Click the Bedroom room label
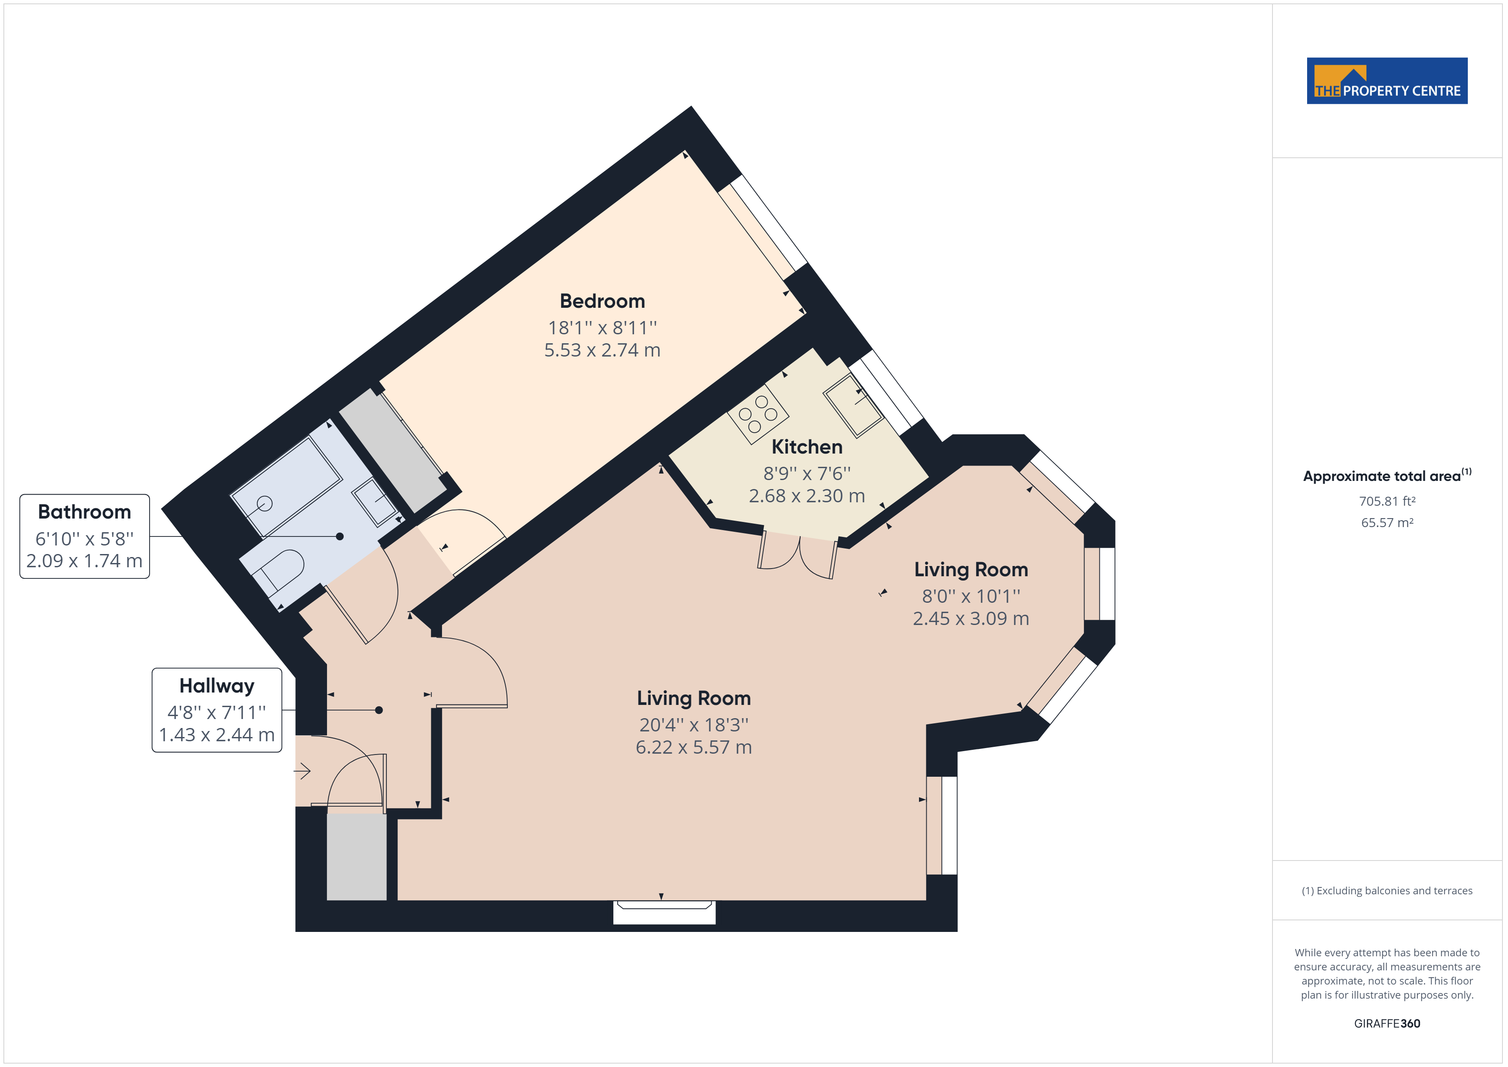(x=602, y=301)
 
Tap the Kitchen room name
(x=807, y=447)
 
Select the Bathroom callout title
(x=85, y=512)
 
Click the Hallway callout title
(x=217, y=686)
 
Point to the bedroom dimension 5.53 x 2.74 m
(x=602, y=350)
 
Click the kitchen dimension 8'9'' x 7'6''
(x=807, y=473)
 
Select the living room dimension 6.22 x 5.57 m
(x=694, y=748)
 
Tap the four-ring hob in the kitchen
(x=758, y=413)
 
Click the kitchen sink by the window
(x=853, y=405)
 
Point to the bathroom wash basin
(x=375, y=502)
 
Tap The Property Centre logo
(x=1387, y=81)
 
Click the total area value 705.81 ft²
(x=1387, y=501)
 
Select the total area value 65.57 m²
(x=1387, y=523)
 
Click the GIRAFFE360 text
(x=1387, y=1024)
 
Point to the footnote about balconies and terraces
(x=1387, y=891)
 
